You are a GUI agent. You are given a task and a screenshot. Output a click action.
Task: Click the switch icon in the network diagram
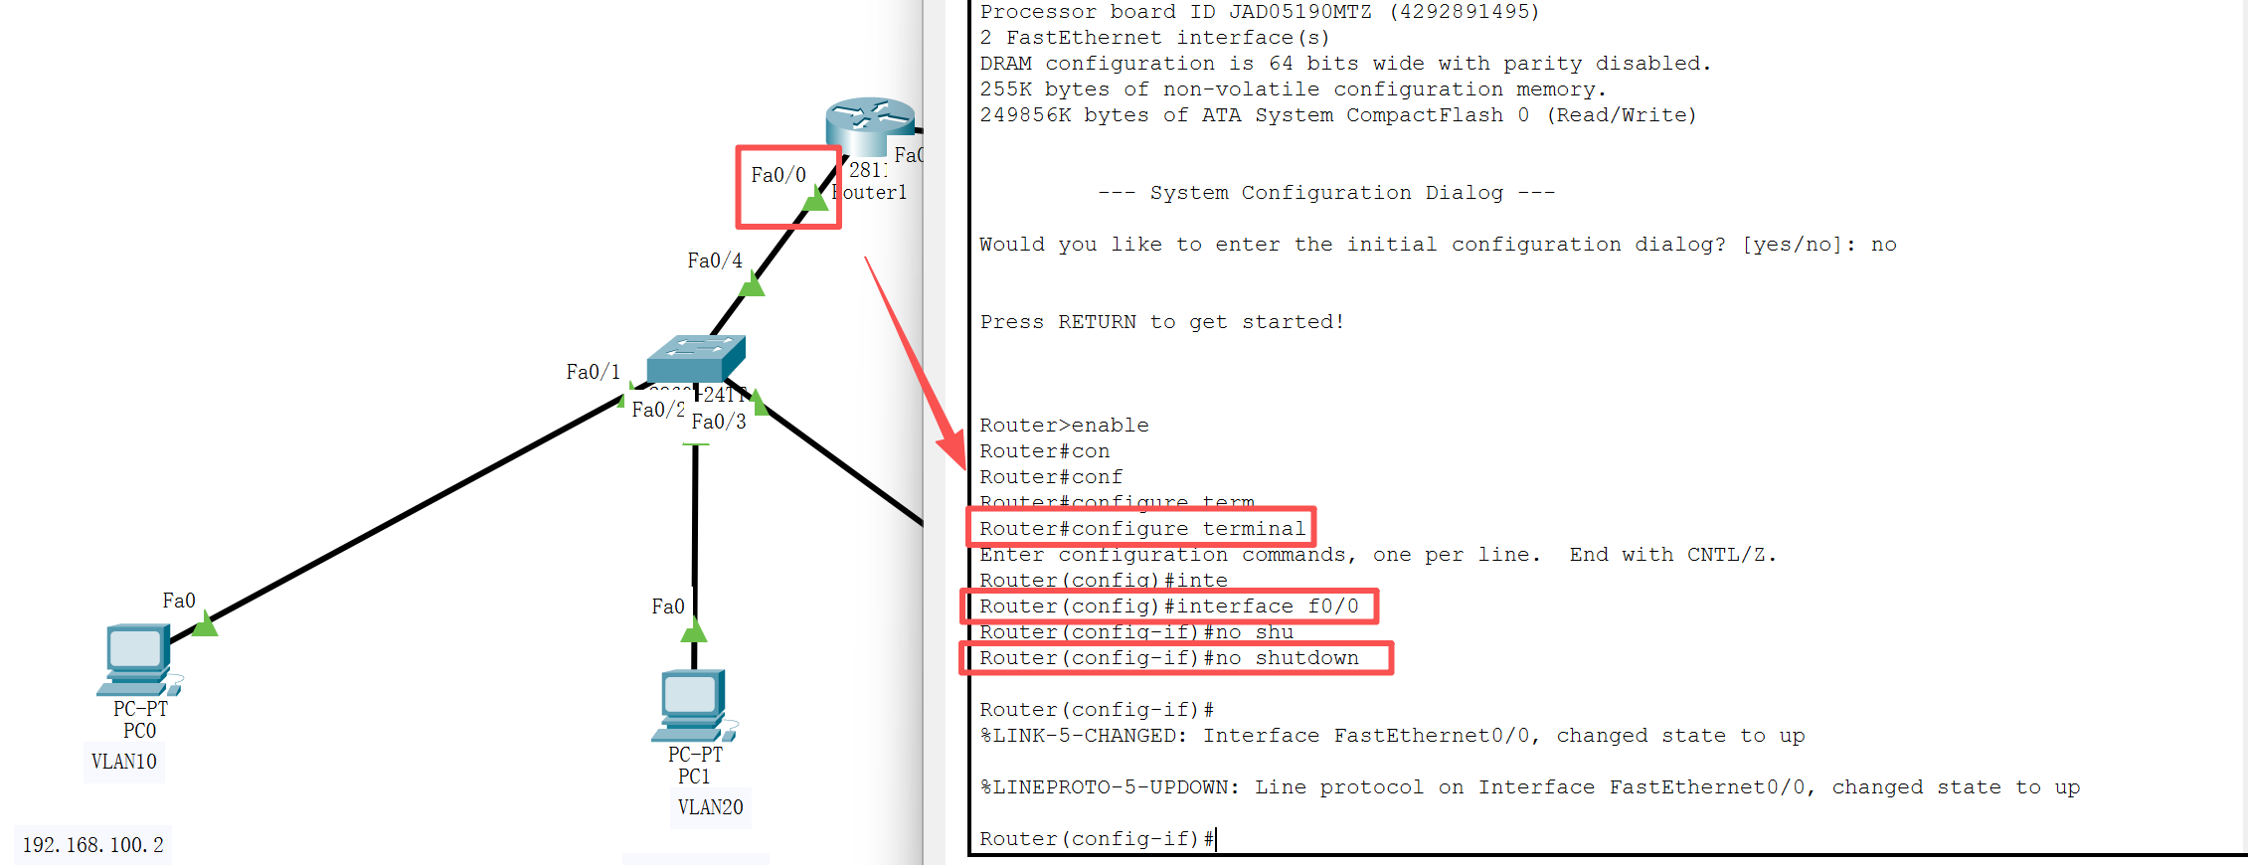pos(695,358)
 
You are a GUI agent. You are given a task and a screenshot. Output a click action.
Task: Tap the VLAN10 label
pos(124,763)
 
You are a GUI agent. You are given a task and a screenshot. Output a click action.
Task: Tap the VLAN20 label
pos(710,807)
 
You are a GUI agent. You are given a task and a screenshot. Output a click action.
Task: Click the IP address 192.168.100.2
pos(92,845)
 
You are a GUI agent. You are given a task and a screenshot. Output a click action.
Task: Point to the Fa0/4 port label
pos(715,260)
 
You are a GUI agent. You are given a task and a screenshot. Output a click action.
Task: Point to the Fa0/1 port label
pos(593,372)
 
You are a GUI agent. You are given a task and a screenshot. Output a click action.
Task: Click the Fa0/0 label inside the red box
pos(778,175)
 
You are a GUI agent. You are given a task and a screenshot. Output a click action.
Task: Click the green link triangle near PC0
pos(205,624)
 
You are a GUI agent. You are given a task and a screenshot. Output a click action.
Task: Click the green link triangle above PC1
pos(694,630)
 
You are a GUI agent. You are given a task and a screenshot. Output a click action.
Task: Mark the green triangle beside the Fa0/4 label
pos(753,286)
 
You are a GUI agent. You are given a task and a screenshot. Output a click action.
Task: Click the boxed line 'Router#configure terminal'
pos(1141,528)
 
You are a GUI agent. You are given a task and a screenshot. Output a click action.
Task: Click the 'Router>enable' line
pos(1064,426)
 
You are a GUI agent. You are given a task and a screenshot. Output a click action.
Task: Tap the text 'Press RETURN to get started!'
pos(1161,322)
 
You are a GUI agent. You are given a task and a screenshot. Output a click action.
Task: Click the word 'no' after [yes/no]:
pos(1883,245)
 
